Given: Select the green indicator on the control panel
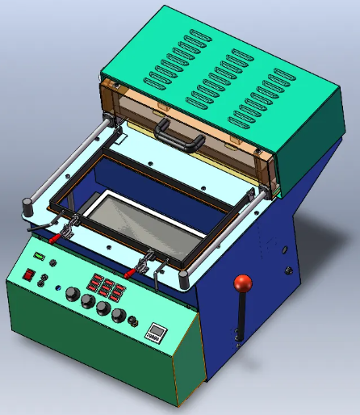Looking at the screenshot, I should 37,257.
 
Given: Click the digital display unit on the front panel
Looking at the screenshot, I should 155,332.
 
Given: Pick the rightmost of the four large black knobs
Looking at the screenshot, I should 118,315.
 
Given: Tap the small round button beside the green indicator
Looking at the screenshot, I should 53,262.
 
